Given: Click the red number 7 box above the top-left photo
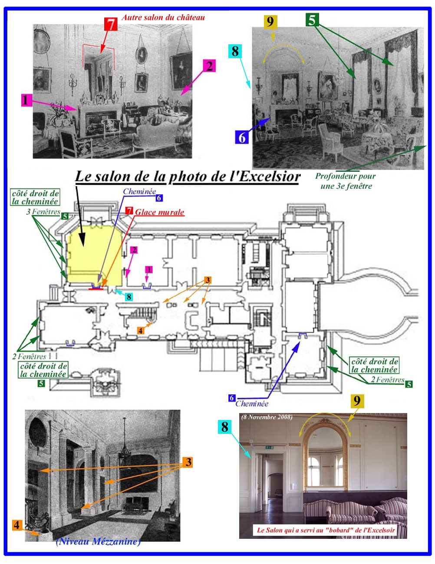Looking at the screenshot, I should pyautogui.click(x=111, y=24).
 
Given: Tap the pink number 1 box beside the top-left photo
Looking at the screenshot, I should pyautogui.click(x=26, y=100).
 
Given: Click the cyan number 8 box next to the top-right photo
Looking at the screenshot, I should pyautogui.click(x=235, y=51).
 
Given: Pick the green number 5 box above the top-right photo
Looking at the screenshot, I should pyautogui.click(x=312, y=20).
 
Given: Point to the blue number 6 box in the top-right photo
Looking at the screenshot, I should pyautogui.click(x=242, y=138).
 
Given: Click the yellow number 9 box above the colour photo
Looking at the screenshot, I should pyautogui.click(x=357, y=400).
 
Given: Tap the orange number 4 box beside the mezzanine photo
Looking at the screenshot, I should pyautogui.click(x=16, y=525).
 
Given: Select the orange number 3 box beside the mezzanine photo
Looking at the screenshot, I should pyautogui.click(x=188, y=462).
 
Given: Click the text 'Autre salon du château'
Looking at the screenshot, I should pyautogui.click(x=163, y=17).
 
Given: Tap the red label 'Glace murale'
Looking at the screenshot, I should pyautogui.click(x=159, y=212).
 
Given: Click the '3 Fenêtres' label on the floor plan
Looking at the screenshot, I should pyautogui.click(x=43, y=212).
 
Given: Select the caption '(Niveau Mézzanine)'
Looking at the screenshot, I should pyautogui.click(x=98, y=541).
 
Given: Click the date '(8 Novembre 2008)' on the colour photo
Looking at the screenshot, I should pyautogui.click(x=267, y=417).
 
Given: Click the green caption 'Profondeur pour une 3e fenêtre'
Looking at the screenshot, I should pyautogui.click(x=346, y=181).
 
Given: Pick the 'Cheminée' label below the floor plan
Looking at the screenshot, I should pyautogui.click(x=252, y=403).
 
